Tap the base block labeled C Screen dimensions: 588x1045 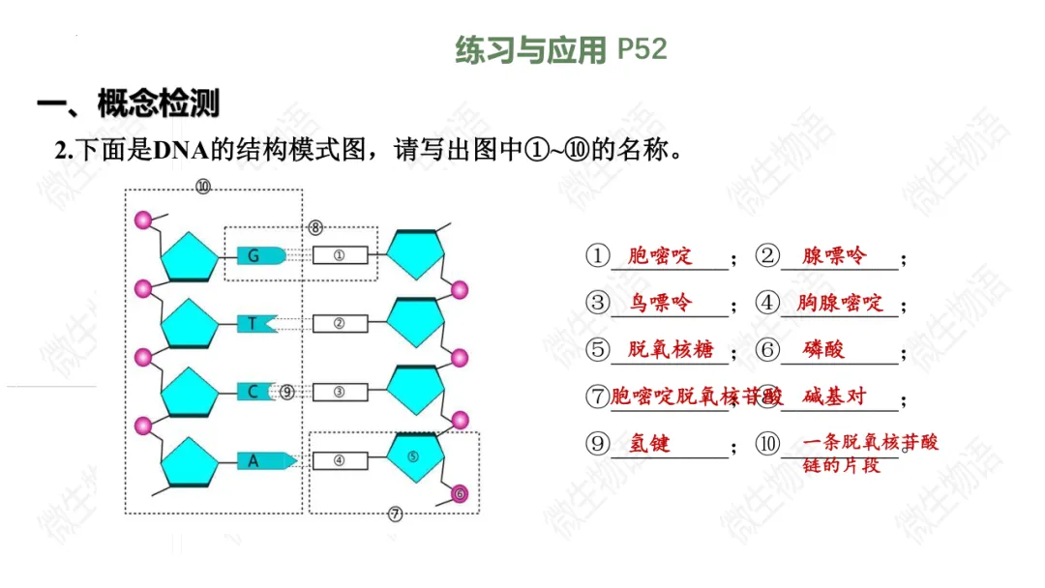pyautogui.click(x=254, y=392)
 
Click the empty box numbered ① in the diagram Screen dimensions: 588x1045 pyautogui.click(x=339, y=256)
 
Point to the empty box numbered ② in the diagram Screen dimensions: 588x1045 pyautogui.click(x=339, y=324)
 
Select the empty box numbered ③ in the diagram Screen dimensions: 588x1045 pyautogui.click(x=339, y=392)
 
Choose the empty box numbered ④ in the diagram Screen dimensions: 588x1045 pyautogui.click(x=339, y=461)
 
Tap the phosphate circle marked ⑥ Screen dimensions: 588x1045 pyautogui.click(x=460, y=494)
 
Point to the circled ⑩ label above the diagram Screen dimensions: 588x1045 pyautogui.click(x=202, y=187)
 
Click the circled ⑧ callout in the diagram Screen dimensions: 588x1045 pyautogui.click(x=315, y=227)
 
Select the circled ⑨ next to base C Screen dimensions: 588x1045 pyautogui.click(x=287, y=392)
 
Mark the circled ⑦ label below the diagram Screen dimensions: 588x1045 pyautogui.click(x=395, y=514)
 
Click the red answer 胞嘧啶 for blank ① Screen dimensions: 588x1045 pyautogui.click(x=660, y=256)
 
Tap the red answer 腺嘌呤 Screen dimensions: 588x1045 pyautogui.click(x=834, y=256)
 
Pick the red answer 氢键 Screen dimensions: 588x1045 pyautogui.click(x=649, y=444)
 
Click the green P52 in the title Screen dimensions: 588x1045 pyautogui.click(x=642, y=49)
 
